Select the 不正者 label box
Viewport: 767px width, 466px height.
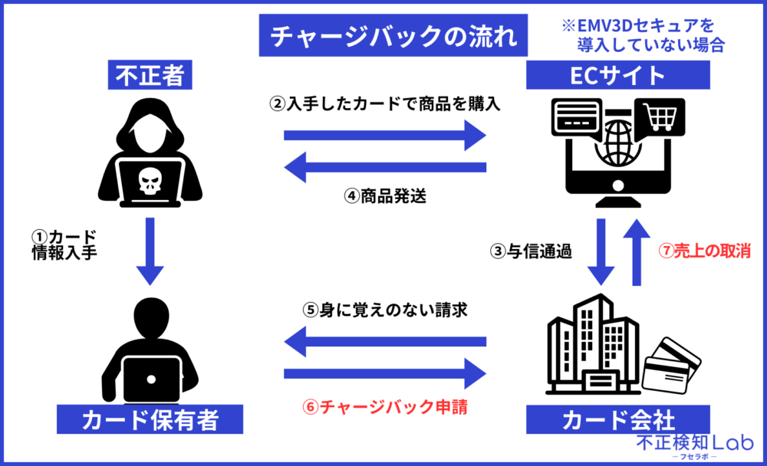click(x=151, y=76)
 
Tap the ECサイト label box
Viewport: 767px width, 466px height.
click(x=618, y=76)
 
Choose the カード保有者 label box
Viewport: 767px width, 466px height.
click(x=151, y=420)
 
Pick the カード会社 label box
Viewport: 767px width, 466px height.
click(x=618, y=420)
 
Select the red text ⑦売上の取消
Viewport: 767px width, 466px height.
click(x=704, y=251)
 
